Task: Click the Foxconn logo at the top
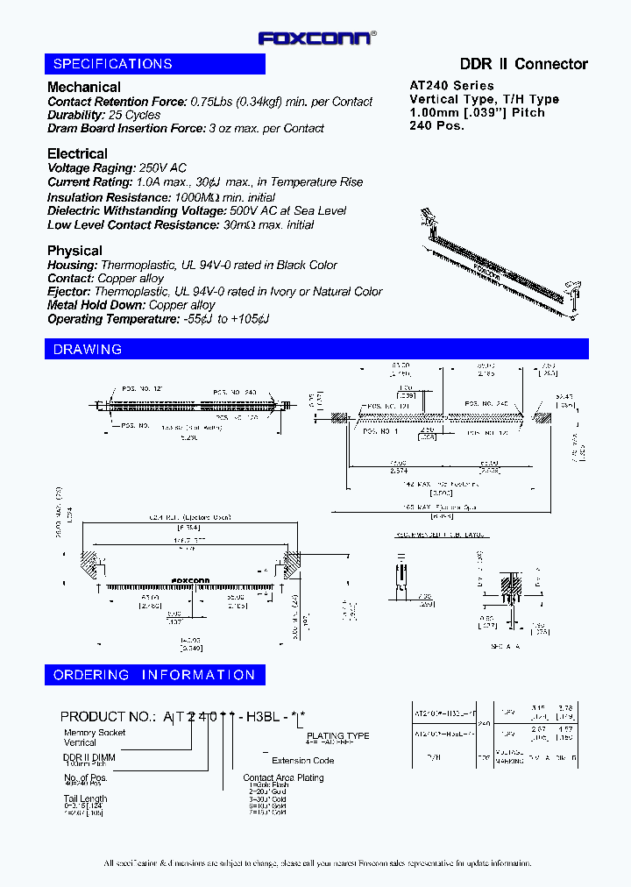pyautogui.click(x=316, y=38)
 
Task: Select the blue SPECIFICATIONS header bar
pyautogui.click(x=155, y=64)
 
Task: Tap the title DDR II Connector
pyautogui.click(x=524, y=64)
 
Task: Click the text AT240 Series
pyautogui.click(x=452, y=86)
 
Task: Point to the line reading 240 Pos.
pyautogui.click(x=436, y=125)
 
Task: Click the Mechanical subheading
pyautogui.click(x=84, y=87)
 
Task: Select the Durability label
pyautogui.click(x=76, y=115)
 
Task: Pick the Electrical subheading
pyautogui.click(x=77, y=153)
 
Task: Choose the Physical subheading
pyautogui.click(x=74, y=251)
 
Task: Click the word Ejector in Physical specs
pyautogui.click(x=68, y=291)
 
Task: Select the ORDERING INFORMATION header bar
pyautogui.click(x=155, y=675)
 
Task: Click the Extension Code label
pyautogui.click(x=302, y=761)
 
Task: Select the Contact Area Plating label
pyautogui.click(x=283, y=777)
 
